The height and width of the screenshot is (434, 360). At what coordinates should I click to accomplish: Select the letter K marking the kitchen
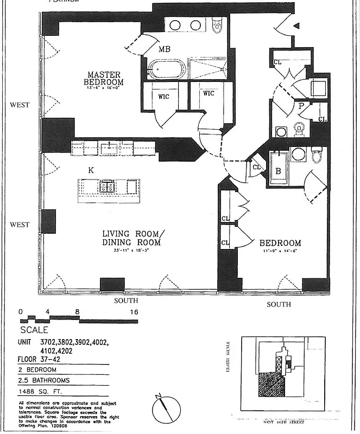tap(91, 170)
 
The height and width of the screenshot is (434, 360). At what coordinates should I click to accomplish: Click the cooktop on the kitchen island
tap(106, 187)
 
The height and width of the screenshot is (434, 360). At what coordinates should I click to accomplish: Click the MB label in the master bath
tap(164, 49)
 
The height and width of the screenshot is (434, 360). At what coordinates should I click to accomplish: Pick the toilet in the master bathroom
tap(217, 24)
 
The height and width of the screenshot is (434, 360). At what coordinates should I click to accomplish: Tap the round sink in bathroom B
tap(298, 154)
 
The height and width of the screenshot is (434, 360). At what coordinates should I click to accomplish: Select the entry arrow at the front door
tap(296, 25)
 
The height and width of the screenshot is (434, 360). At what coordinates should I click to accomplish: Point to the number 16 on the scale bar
tap(134, 312)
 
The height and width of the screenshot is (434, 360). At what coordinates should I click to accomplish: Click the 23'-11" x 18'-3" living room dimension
tap(132, 251)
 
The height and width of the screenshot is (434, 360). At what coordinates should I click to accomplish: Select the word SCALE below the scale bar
tap(34, 330)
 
